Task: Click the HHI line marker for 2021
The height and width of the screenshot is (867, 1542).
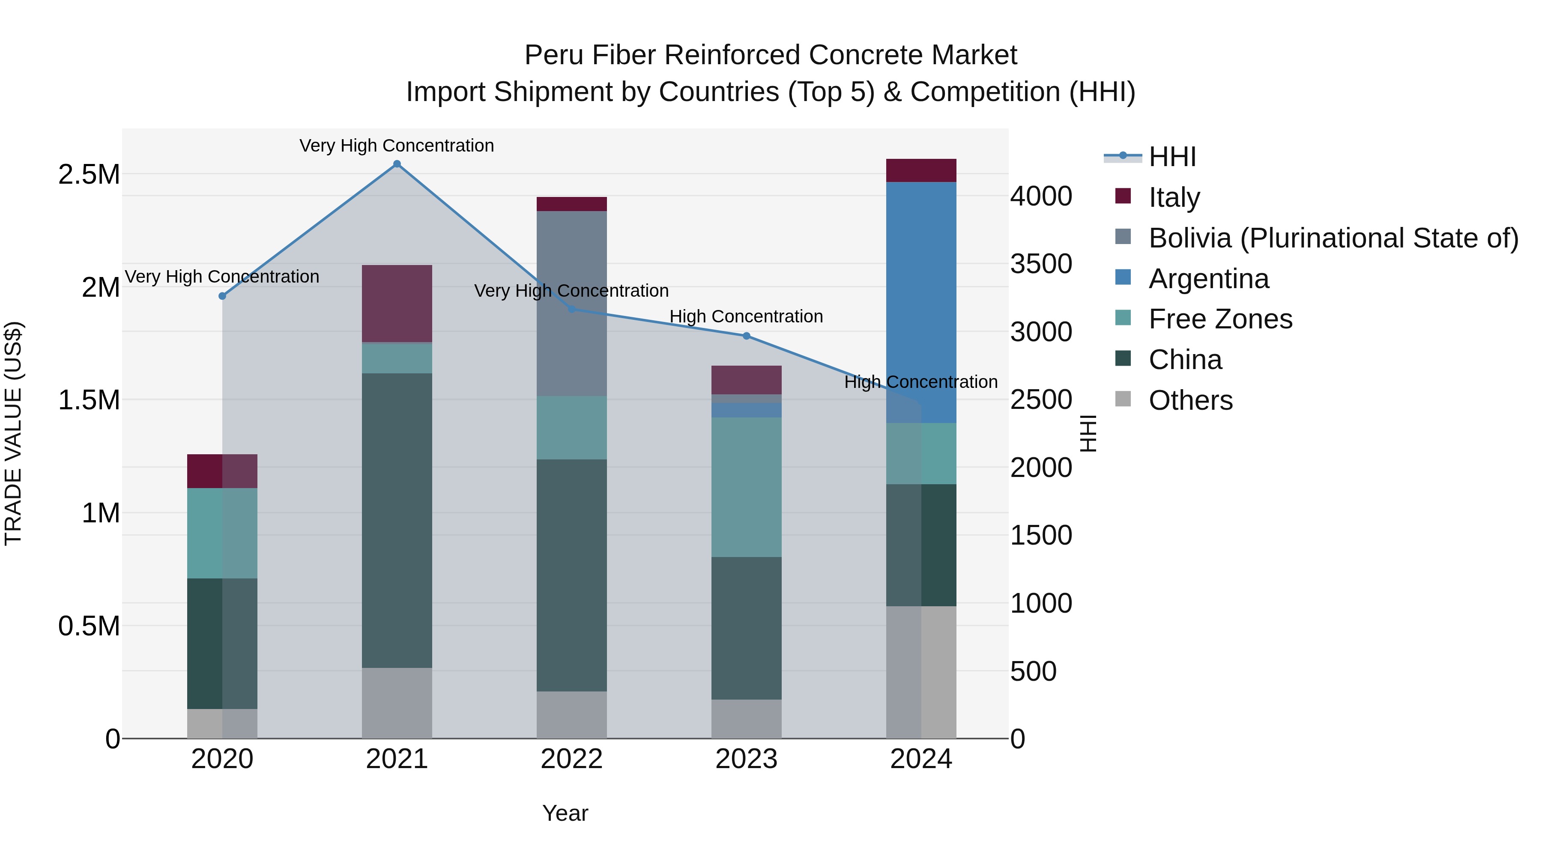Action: (397, 164)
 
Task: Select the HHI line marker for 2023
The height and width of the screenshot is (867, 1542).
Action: (747, 336)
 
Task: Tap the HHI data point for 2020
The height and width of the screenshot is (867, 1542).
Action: (222, 296)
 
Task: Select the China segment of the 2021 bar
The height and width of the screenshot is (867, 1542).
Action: (397, 521)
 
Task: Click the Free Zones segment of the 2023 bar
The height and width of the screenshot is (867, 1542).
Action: (747, 487)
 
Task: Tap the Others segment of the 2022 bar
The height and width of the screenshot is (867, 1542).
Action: (572, 715)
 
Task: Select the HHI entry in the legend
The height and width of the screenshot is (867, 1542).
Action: (1172, 157)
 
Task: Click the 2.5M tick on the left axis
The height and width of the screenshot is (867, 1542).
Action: (89, 175)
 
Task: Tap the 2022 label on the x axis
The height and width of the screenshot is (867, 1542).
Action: (572, 759)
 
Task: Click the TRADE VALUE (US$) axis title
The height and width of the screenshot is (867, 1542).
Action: (13, 433)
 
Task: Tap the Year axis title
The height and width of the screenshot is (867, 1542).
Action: (565, 813)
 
